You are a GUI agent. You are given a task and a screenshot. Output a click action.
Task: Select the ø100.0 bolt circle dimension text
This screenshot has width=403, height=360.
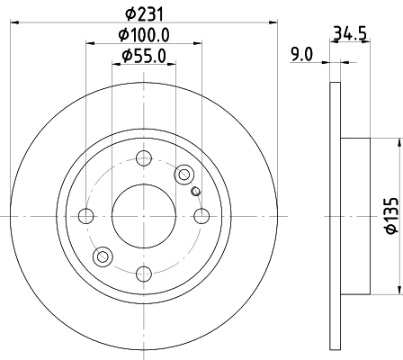143,35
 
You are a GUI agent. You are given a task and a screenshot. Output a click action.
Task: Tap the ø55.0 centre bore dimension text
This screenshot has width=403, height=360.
143,56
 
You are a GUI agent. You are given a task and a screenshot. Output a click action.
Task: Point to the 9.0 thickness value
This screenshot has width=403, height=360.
301,54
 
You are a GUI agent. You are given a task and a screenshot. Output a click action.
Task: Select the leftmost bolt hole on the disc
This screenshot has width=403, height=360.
86,216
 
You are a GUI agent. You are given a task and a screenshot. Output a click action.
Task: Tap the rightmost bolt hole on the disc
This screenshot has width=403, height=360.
201,216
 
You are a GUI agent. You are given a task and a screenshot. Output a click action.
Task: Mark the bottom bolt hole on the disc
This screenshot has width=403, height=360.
143,274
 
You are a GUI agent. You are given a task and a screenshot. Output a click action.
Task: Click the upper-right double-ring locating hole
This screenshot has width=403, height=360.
184,175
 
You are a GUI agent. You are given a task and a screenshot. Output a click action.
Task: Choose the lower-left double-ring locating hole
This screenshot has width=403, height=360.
103,257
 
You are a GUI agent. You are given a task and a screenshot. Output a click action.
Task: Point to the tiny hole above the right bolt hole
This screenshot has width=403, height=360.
195,190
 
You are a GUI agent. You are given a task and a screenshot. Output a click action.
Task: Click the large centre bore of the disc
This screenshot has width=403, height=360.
143,216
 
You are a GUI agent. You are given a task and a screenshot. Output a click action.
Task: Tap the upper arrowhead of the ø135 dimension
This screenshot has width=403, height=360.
396,144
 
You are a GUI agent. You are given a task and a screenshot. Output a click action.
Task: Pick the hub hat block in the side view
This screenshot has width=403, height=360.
355,216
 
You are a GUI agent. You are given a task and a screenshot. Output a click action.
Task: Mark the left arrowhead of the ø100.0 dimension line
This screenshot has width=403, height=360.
90,42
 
